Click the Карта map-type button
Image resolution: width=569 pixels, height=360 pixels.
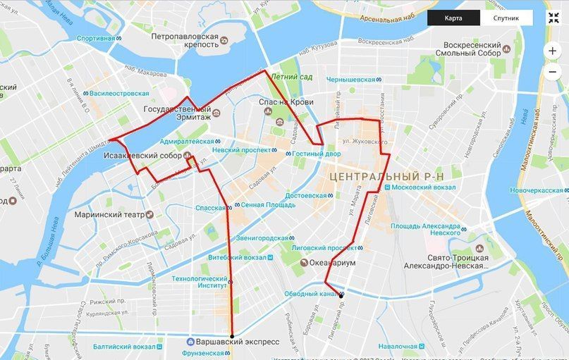pyautogui.click(x=453, y=18)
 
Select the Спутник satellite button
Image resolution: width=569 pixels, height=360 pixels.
pyautogui.click(x=506, y=18)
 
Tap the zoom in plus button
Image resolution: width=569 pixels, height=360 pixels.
pyautogui.click(x=552, y=51)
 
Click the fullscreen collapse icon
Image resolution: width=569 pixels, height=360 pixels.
pyautogui.click(x=553, y=18)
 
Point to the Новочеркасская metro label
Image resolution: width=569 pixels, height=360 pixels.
pyautogui.click(x=538, y=190)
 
